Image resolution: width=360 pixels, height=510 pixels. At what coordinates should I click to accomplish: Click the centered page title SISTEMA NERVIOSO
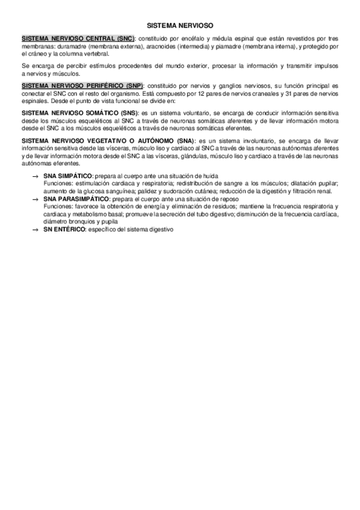(x=180, y=26)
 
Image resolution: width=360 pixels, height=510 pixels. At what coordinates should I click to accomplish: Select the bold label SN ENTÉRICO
(x=65, y=230)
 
